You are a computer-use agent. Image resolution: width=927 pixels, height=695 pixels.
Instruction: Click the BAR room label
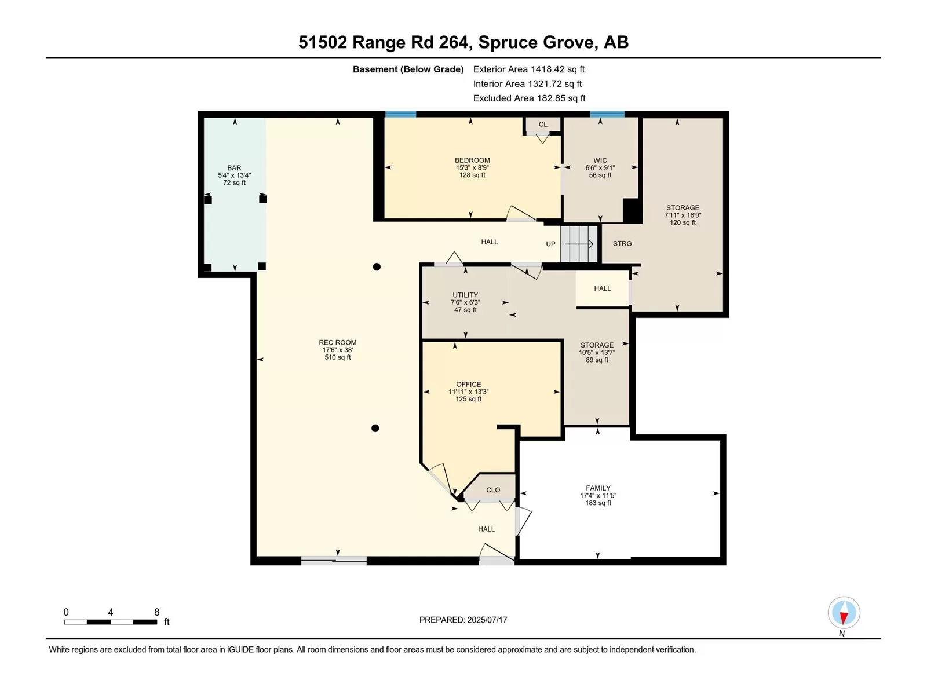coord(234,168)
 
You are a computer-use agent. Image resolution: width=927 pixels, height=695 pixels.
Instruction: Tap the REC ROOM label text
coord(337,342)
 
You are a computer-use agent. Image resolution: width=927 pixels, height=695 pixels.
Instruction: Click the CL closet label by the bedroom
coord(543,125)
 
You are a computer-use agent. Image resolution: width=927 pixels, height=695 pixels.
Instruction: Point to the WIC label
coord(600,160)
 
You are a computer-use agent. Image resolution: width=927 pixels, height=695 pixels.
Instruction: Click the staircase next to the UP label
coord(579,244)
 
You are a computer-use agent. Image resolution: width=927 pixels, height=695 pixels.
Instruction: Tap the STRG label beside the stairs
coord(622,243)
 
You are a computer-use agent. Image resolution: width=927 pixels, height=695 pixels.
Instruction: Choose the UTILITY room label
coord(465,295)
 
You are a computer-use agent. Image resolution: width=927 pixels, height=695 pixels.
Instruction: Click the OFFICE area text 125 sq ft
coord(468,399)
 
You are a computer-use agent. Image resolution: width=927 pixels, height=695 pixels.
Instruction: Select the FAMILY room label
coord(598,488)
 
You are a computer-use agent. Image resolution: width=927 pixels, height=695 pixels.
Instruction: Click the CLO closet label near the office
coord(493,490)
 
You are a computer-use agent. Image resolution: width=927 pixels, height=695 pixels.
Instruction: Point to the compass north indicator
coord(844,613)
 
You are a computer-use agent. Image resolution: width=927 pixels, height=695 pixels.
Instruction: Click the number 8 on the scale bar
coord(156,612)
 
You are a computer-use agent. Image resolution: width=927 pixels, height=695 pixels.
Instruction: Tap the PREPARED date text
coord(463,620)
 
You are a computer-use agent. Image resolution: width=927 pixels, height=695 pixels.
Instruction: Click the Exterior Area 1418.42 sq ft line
coord(529,69)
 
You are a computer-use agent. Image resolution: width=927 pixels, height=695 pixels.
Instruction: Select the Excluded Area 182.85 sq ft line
coord(529,98)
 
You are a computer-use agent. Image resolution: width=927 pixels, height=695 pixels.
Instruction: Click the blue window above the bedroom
coord(400,114)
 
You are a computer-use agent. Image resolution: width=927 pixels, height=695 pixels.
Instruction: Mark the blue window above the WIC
coord(607,114)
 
